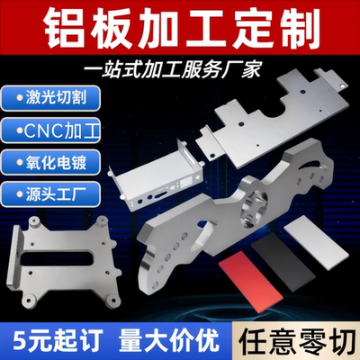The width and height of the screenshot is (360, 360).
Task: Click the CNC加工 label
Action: coord(53,129)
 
